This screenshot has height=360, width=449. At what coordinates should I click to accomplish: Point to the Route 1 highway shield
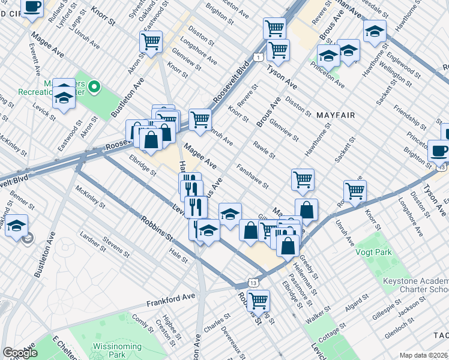(258, 57)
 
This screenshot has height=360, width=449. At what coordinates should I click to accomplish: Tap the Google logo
(20, 353)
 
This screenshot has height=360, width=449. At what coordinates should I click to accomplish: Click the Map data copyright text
(424, 355)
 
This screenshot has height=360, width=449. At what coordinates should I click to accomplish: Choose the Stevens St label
(116, 247)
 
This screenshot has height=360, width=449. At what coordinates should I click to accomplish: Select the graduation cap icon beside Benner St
(17, 225)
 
